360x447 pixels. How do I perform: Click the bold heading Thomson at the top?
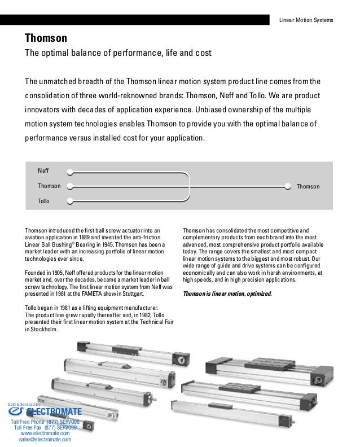(x=46, y=38)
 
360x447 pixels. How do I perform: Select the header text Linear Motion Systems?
(x=306, y=20)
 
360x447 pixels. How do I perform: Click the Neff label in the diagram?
(x=43, y=170)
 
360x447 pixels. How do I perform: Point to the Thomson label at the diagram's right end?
(x=308, y=186)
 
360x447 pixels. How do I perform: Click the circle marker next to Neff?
(x=69, y=170)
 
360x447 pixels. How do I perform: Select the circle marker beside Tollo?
(x=69, y=201)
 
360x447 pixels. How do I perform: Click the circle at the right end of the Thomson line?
(x=289, y=186)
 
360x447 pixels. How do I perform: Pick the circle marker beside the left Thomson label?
(x=69, y=186)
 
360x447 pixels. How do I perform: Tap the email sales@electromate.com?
(x=45, y=439)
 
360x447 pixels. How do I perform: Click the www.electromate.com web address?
(x=45, y=433)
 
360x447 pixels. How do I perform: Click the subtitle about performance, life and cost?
(x=117, y=54)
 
